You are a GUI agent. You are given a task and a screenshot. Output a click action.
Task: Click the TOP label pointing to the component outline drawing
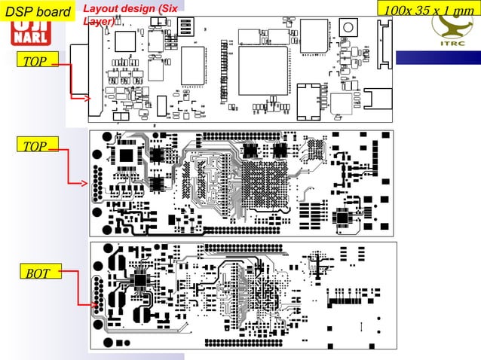pyautogui.click(x=35, y=61)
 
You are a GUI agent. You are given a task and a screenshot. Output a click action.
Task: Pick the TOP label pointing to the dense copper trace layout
pyautogui.click(x=35, y=146)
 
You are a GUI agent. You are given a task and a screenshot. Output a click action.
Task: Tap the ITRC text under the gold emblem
pyautogui.click(x=454, y=43)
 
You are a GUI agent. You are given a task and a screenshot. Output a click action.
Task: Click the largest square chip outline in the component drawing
pyautogui.click(x=264, y=70)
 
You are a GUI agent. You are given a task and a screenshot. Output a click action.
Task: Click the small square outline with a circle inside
pyautogui.click(x=350, y=26)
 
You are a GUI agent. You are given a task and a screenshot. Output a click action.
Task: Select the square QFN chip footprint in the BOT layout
pyautogui.click(x=141, y=280)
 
